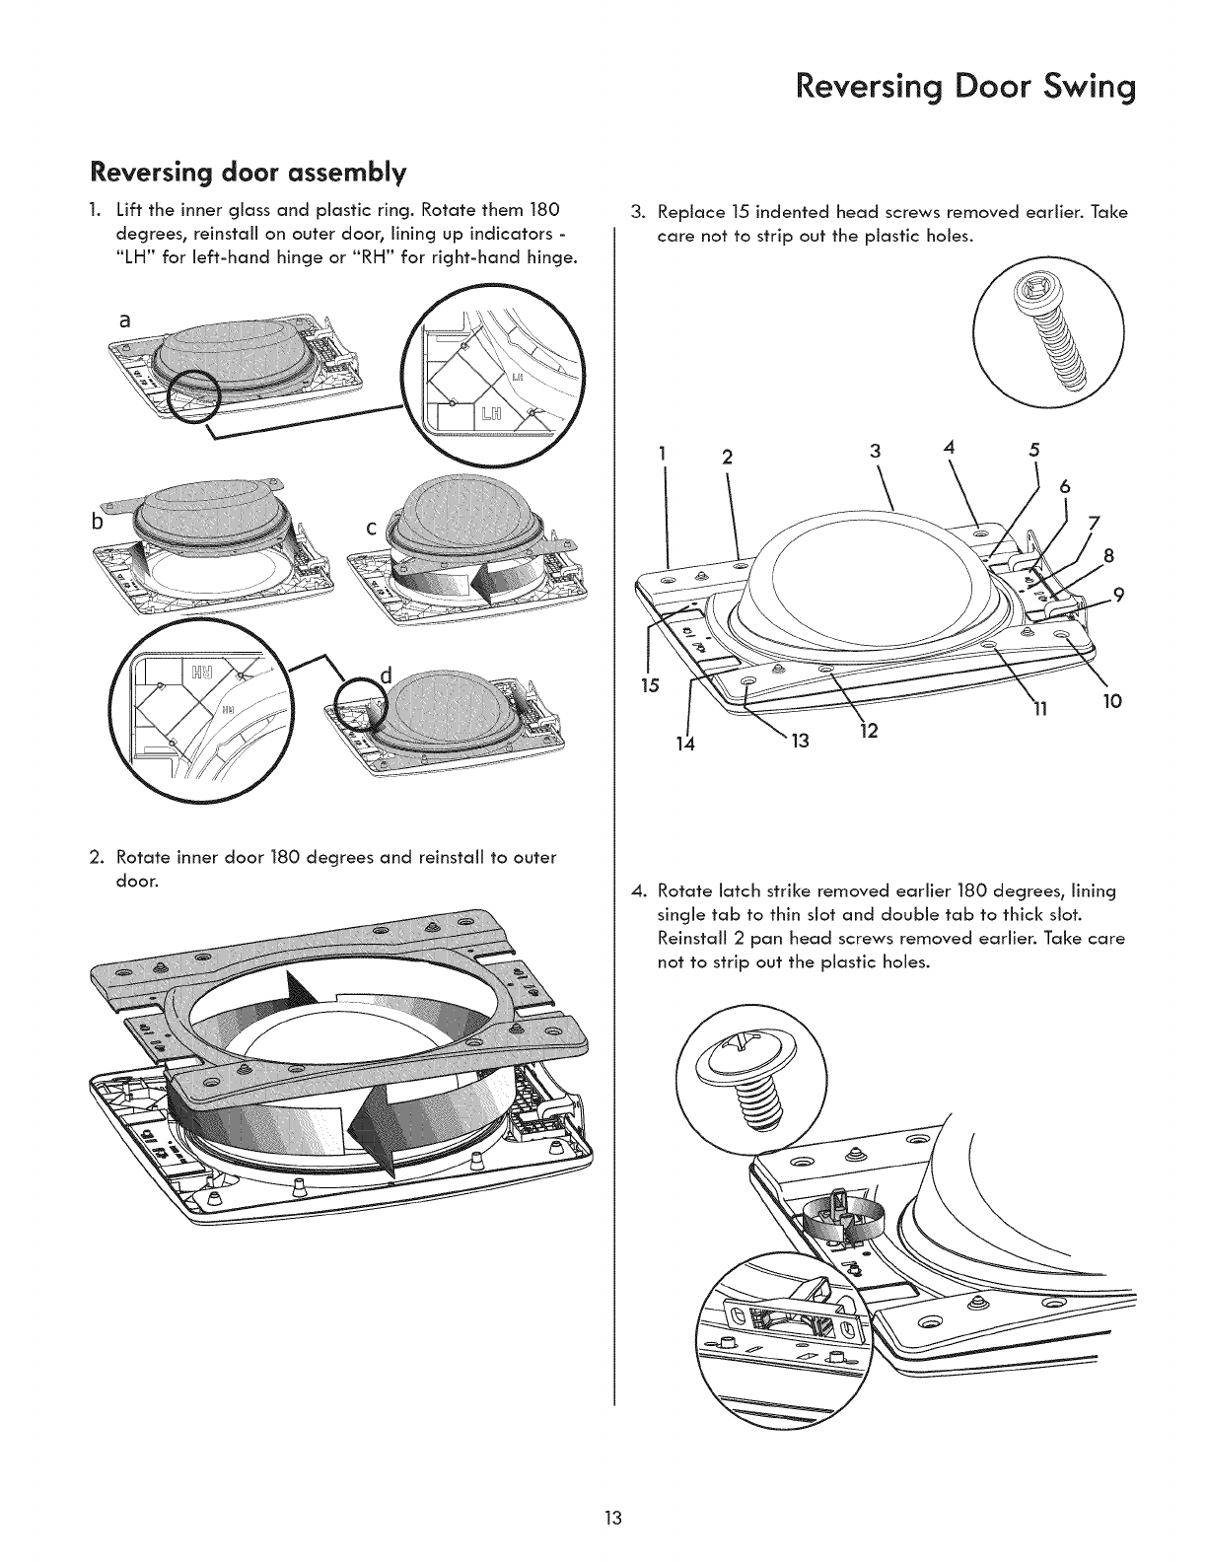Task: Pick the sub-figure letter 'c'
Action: tap(372, 529)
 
